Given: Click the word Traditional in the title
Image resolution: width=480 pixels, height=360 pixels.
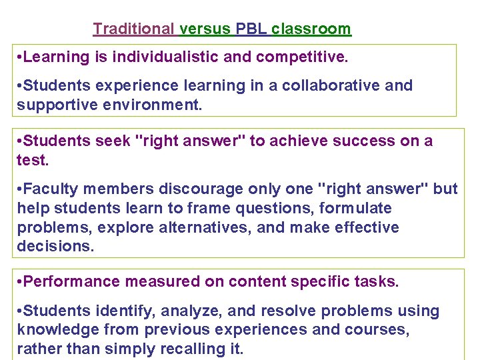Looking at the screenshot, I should pos(133,29).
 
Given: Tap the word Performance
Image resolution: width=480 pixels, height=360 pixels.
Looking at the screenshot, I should pos(64,282).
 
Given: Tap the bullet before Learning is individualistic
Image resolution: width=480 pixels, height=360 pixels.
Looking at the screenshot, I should pos(19,57).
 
